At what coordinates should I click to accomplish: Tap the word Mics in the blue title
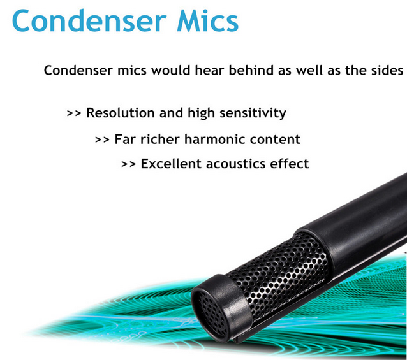tap(207, 21)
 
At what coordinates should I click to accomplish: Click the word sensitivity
tap(253, 113)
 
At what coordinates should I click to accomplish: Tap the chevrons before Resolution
tap(74, 113)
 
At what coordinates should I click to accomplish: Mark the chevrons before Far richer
tap(102, 140)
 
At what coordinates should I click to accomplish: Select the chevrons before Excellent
tap(128, 164)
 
